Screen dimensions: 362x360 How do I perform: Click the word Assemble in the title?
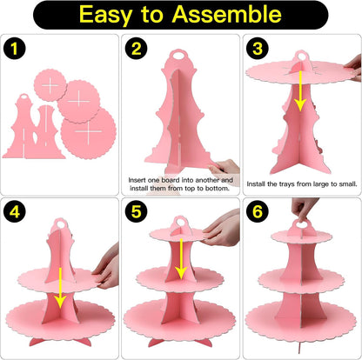(226, 14)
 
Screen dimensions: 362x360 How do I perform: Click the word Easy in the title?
(105, 15)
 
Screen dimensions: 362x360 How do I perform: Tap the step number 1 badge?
(15, 49)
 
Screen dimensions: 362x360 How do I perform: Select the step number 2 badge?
(136, 49)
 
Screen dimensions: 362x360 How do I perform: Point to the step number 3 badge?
(258, 49)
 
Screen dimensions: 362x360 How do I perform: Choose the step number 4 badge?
(15, 211)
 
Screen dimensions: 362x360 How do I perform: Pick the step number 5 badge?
(136, 211)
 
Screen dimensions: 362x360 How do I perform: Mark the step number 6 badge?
(258, 211)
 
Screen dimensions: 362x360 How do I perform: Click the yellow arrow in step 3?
(300, 90)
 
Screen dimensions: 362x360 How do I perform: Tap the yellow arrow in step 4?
(60, 288)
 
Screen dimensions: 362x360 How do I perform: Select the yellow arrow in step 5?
(181, 259)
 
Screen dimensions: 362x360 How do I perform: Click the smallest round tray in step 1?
(50, 85)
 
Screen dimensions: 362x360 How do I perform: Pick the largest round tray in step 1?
(89, 133)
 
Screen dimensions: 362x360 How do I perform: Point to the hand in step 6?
(304, 208)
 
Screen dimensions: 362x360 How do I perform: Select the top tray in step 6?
(302, 237)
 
